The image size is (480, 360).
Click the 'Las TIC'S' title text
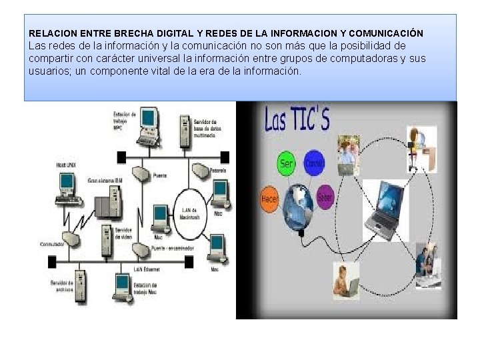(297, 119)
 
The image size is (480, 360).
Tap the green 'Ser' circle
(286, 163)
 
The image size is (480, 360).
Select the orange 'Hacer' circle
(270, 199)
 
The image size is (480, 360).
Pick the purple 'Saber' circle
(325, 197)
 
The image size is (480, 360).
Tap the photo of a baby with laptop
(346, 280)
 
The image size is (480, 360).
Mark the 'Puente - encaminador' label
(172, 248)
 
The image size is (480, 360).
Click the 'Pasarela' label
(219, 171)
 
